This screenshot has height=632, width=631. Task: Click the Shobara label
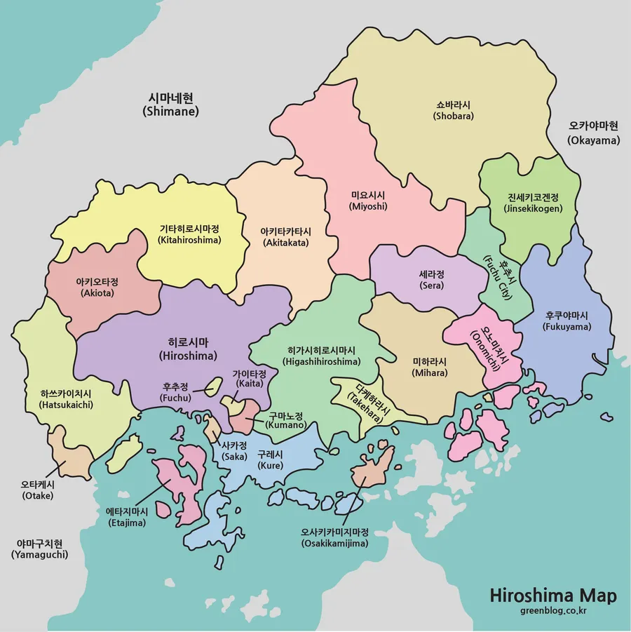[454, 111]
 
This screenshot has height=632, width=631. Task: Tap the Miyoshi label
[368, 201]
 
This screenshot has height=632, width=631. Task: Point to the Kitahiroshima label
[190, 234]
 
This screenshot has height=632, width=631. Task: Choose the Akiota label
[97, 287]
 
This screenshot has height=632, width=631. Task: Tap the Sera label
[432, 280]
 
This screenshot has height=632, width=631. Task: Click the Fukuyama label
[568, 321]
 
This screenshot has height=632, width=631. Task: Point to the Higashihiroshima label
[322, 356]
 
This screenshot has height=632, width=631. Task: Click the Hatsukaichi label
[67, 399]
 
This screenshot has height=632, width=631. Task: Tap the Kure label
[270, 459]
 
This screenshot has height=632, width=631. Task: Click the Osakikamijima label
[335, 537]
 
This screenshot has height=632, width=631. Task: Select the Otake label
[37, 490]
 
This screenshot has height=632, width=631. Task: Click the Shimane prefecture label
[170, 105]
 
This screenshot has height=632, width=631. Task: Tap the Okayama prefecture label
[594, 133]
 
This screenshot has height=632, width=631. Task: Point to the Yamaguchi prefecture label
[40, 549]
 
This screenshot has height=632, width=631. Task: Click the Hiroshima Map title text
[553, 596]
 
